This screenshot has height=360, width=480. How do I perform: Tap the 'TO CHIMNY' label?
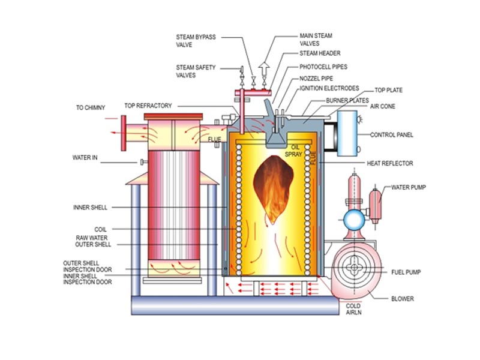point(90,108)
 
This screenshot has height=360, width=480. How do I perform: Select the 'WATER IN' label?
point(85,158)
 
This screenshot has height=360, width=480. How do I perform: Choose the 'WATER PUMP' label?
point(408,187)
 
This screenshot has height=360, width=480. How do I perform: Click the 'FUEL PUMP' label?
point(405,272)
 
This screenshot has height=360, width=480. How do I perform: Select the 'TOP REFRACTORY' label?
point(148,106)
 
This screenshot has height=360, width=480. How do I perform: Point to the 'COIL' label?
point(100,229)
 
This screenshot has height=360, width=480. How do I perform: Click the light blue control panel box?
point(347,133)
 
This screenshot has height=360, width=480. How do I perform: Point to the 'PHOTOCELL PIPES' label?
point(323,67)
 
